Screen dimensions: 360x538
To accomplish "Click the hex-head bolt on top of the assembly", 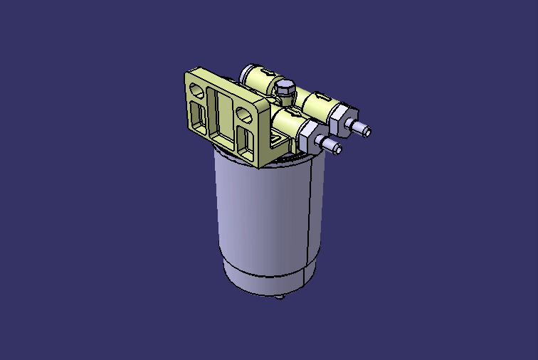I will (283, 88).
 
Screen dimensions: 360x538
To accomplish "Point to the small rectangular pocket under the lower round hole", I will (246, 139).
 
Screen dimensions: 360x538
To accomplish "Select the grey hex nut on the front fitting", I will (312, 133).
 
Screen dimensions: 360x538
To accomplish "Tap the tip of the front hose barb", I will (336, 149).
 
